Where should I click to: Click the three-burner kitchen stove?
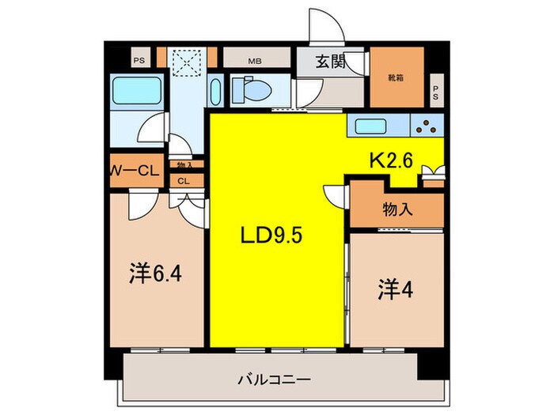coord(427,125)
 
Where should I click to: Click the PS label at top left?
coord(138,59)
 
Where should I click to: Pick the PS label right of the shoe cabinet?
coord(435,92)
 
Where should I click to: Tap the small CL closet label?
coord(184,180)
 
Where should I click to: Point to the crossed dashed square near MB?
coord(189,62)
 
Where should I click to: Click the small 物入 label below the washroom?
coord(184,165)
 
